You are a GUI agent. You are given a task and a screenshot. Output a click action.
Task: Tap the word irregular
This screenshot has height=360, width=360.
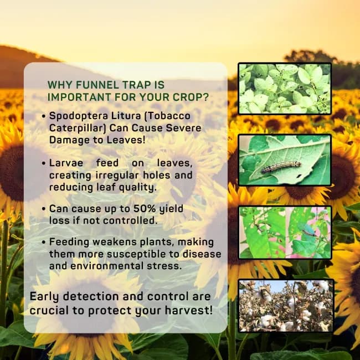(116, 175)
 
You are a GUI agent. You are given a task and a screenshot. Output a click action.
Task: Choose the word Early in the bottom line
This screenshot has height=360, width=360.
(47, 297)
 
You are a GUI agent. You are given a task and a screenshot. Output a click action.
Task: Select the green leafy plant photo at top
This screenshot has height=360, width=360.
(285, 89)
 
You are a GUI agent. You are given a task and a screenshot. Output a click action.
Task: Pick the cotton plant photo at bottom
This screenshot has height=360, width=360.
(286, 306)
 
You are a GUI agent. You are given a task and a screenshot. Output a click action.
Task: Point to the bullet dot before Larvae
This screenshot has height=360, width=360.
(43, 164)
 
